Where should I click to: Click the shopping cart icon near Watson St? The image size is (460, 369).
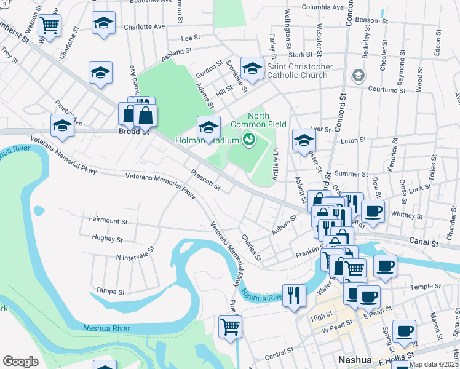49,26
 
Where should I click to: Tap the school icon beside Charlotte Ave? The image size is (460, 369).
103,23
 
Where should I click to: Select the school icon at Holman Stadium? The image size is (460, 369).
208,127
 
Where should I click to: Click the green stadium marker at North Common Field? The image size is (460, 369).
249,140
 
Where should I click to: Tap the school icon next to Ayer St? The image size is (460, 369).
303,140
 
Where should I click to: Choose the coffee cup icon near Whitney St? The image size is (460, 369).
373,212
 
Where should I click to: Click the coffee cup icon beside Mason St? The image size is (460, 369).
404,331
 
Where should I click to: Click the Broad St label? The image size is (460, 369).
134,131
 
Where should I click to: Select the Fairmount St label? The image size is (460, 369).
108,220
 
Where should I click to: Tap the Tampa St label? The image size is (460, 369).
111,290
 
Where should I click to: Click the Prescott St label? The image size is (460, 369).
205,180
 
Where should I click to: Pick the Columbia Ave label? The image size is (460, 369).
322,7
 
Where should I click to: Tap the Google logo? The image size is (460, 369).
20,361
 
